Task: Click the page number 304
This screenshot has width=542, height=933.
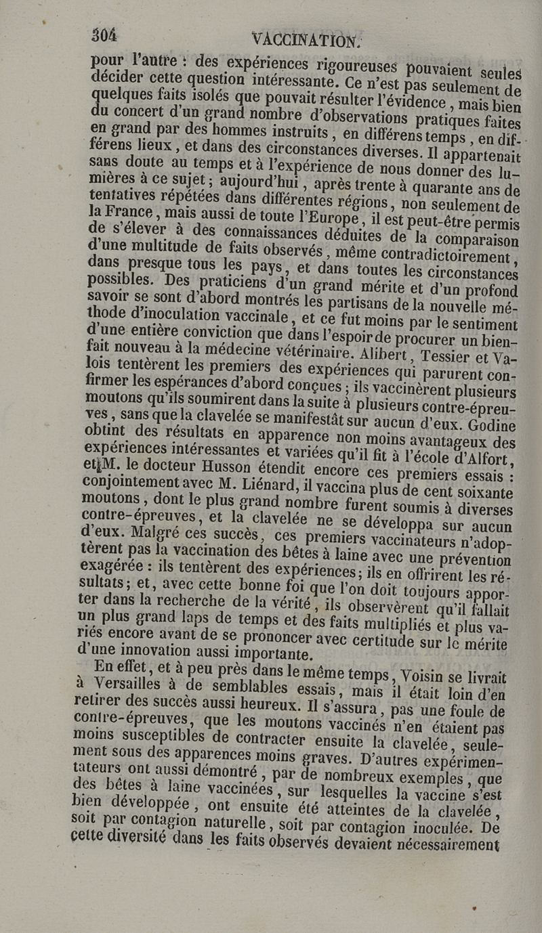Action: (104, 35)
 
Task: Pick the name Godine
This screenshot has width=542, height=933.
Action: (489, 427)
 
